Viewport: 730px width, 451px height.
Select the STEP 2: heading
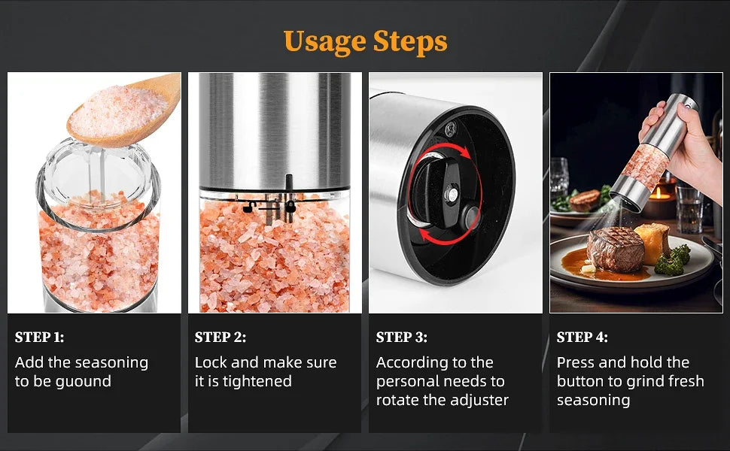pos(221,337)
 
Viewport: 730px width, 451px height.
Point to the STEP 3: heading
pos(401,337)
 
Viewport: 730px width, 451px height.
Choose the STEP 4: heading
pos(582,337)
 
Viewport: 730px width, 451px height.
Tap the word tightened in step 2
pos(254,381)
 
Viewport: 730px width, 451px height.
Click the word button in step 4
pos(582,381)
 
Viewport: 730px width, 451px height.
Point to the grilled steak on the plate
pos(616,250)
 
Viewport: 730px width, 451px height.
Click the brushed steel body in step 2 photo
pos(275,128)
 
